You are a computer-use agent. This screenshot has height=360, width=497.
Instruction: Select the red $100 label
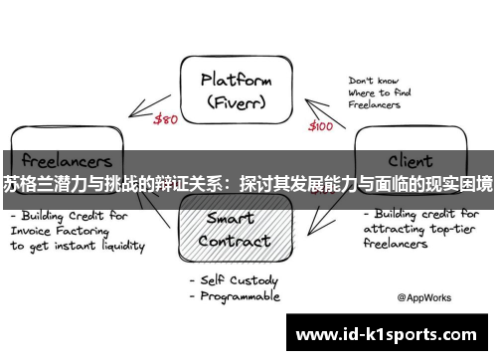320,125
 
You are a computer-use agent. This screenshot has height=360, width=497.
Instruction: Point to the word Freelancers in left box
63,160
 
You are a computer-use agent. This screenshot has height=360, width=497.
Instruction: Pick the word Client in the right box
410,160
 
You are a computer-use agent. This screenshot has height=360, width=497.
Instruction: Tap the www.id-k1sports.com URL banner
387,333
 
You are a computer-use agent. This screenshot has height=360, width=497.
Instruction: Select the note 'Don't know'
374,81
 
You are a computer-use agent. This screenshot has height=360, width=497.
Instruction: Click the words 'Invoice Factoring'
68,230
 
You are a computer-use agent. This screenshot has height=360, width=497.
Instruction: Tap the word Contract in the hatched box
235,241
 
